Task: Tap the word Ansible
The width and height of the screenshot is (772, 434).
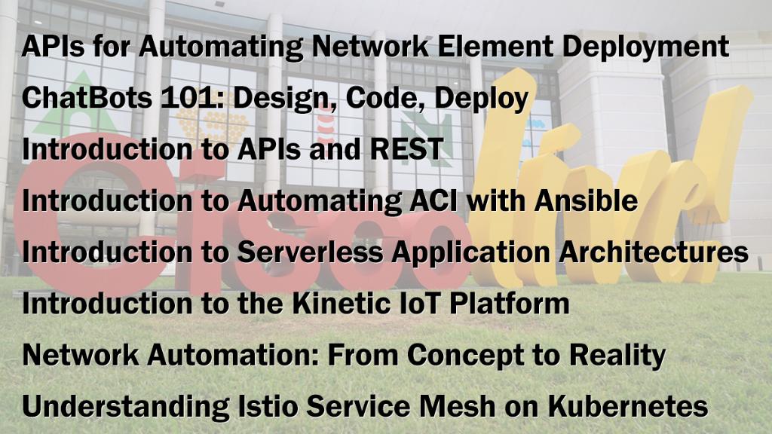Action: (586, 200)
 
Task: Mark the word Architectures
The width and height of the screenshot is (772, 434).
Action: (655, 252)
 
